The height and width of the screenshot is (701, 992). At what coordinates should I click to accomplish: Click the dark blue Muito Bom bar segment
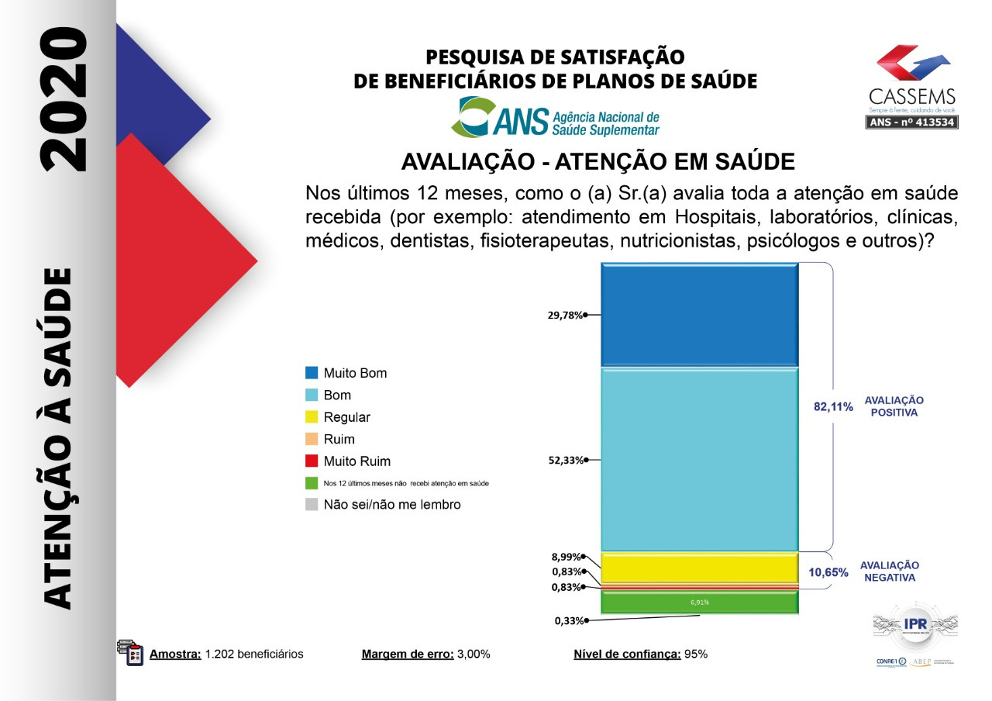tap(699, 314)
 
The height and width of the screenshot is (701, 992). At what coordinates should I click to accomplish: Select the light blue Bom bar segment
tap(699, 459)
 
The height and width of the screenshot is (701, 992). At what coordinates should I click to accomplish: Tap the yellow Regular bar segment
tap(699, 567)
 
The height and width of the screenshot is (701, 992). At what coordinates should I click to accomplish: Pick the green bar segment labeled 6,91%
tap(699, 603)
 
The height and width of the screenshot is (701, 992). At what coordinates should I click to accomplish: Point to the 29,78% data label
tap(565, 315)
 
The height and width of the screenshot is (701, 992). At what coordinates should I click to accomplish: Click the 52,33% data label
tap(565, 460)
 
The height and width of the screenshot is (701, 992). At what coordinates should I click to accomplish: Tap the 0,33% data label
tap(568, 620)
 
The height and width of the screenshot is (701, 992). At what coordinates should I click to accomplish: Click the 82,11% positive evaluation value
tap(833, 406)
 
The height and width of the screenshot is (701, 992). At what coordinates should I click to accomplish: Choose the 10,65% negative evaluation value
tap(829, 572)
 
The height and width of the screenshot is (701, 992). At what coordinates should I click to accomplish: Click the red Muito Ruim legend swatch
tap(312, 461)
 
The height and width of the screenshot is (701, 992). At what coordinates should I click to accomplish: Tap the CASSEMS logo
tap(912, 86)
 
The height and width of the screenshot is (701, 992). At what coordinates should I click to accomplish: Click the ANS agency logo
tap(556, 117)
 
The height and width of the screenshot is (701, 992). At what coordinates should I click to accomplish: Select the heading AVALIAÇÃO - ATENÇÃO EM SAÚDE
tap(598, 162)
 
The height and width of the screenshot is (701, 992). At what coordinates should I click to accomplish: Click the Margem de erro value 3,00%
tap(474, 654)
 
